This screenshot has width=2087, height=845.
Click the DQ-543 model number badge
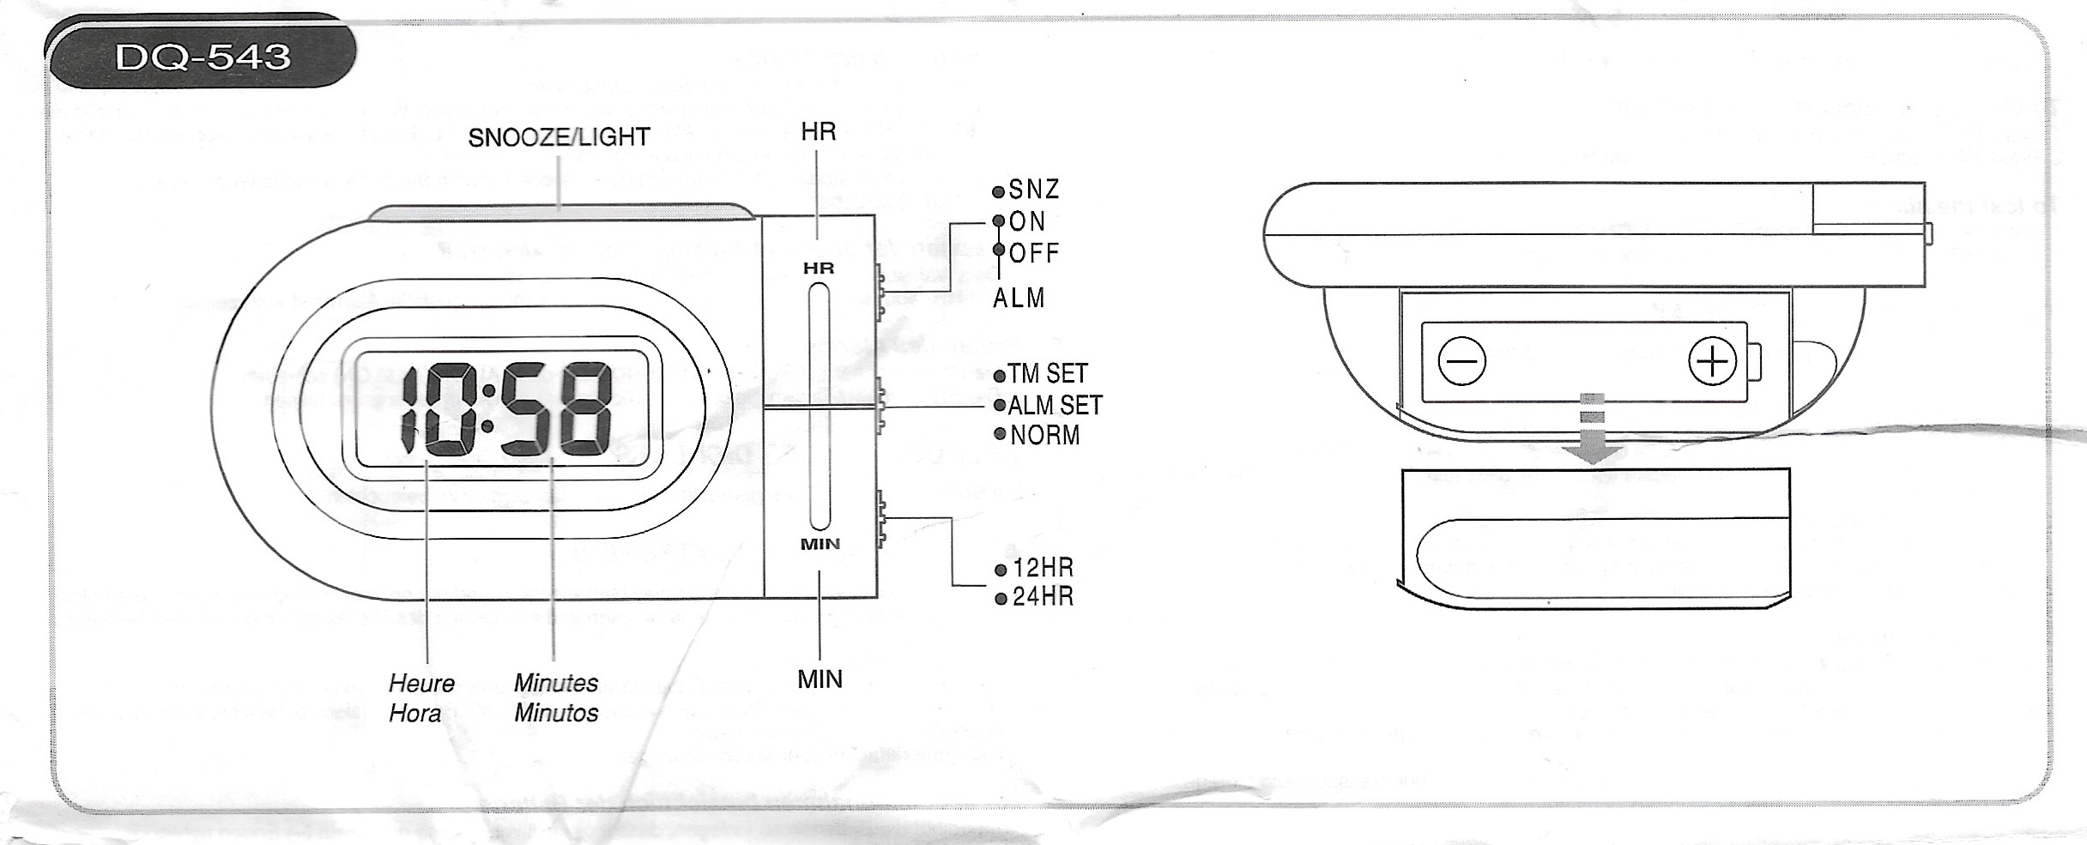coord(203,57)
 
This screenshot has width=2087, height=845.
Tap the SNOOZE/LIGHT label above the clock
coord(559,137)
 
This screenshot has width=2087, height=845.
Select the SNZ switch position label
coord(1034,190)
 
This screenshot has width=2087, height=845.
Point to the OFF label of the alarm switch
coord(1034,253)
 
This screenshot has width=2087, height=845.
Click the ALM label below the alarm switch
coord(1019,299)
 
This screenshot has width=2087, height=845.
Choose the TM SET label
coord(1047,374)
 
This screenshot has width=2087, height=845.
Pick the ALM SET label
coord(1055,405)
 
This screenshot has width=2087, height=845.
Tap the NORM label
coord(1044,435)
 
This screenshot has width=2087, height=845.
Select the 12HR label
coord(1043,568)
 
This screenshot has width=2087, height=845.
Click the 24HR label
coord(1043,596)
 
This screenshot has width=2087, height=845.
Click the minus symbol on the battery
coord(1462,361)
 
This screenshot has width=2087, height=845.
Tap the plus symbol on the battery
coord(1712,361)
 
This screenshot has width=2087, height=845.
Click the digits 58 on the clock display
coord(557,411)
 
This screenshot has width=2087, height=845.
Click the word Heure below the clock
coord(421,684)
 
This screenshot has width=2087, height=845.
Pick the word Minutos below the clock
coord(556,713)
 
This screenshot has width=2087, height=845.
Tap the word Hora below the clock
coord(414,714)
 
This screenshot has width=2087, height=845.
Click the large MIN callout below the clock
coord(820,679)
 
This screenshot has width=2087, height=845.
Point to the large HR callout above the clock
coord(818,132)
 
